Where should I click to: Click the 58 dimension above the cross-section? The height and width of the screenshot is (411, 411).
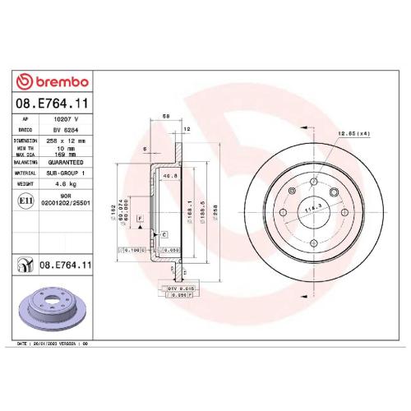click(x=167, y=117)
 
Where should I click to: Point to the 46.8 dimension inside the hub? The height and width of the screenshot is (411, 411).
click(x=171, y=175)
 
